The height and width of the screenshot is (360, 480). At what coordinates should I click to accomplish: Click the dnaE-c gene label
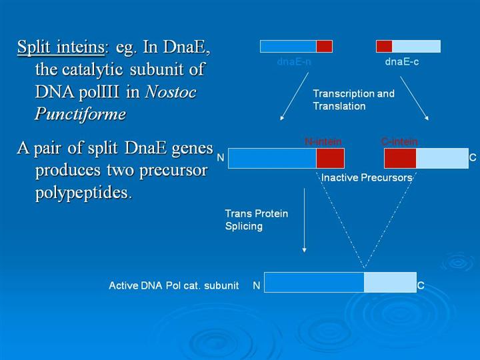click(x=402, y=61)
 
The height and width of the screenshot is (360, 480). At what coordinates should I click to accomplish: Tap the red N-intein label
click(x=323, y=141)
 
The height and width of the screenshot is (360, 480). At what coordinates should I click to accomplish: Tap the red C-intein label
click(x=399, y=141)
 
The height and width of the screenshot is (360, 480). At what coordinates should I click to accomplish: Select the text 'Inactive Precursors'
click(x=367, y=178)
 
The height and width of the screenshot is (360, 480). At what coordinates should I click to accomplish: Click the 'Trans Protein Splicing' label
click(x=257, y=220)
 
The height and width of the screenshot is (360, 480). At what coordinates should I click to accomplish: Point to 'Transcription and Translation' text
click(x=354, y=99)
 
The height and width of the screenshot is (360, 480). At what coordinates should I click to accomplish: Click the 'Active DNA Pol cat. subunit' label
click(x=173, y=285)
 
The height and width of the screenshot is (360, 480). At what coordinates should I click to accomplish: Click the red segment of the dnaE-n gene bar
click(x=324, y=46)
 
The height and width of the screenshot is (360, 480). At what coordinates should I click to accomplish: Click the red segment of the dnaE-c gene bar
click(x=384, y=46)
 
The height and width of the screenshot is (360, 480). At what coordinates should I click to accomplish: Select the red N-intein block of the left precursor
click(x=330, y=158)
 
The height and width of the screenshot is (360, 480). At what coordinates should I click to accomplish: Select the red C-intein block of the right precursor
click(x=400, y=158)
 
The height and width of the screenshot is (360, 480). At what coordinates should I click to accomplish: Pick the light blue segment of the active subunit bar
click(x=390, y=282)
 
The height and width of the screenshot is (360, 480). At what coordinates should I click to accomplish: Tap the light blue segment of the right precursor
click(x=442, y=158)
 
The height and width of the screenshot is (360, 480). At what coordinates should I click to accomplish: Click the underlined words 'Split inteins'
click(x=61, y=48)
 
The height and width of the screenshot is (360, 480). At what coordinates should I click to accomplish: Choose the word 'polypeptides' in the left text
click(x=83, y=193)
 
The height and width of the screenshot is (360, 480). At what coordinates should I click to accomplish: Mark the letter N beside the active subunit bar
click(x=256, y=285)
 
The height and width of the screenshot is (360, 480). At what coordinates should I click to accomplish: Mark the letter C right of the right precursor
click(x=473, y=158)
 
